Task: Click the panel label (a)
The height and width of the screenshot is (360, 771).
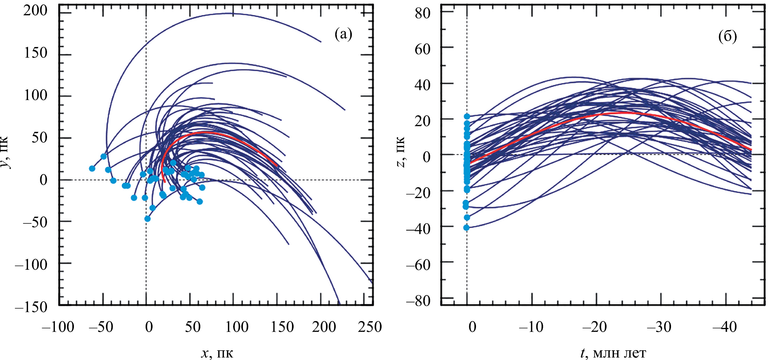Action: [343, 34]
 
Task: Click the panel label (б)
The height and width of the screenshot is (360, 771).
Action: [727, 37]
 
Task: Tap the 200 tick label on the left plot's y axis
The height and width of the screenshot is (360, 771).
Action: [36, 10]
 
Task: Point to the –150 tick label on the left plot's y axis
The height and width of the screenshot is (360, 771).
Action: [31, 307]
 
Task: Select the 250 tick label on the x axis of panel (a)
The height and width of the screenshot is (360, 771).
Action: [370, 327]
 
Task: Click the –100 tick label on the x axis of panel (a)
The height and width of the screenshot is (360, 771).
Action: [58, 327]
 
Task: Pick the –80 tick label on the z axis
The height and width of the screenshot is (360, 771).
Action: [418, 300]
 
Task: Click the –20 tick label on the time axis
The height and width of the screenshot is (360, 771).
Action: [595, 327]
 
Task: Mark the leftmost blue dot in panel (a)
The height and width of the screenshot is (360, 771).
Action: [92, 169]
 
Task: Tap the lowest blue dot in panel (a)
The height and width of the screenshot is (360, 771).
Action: [147, 219]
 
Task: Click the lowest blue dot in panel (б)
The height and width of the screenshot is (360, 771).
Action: [466, 228]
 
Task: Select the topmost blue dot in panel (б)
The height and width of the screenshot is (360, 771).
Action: [467, 116]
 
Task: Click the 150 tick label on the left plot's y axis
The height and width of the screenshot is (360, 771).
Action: [36, 53]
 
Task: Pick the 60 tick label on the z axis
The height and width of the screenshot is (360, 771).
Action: [423, 48]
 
